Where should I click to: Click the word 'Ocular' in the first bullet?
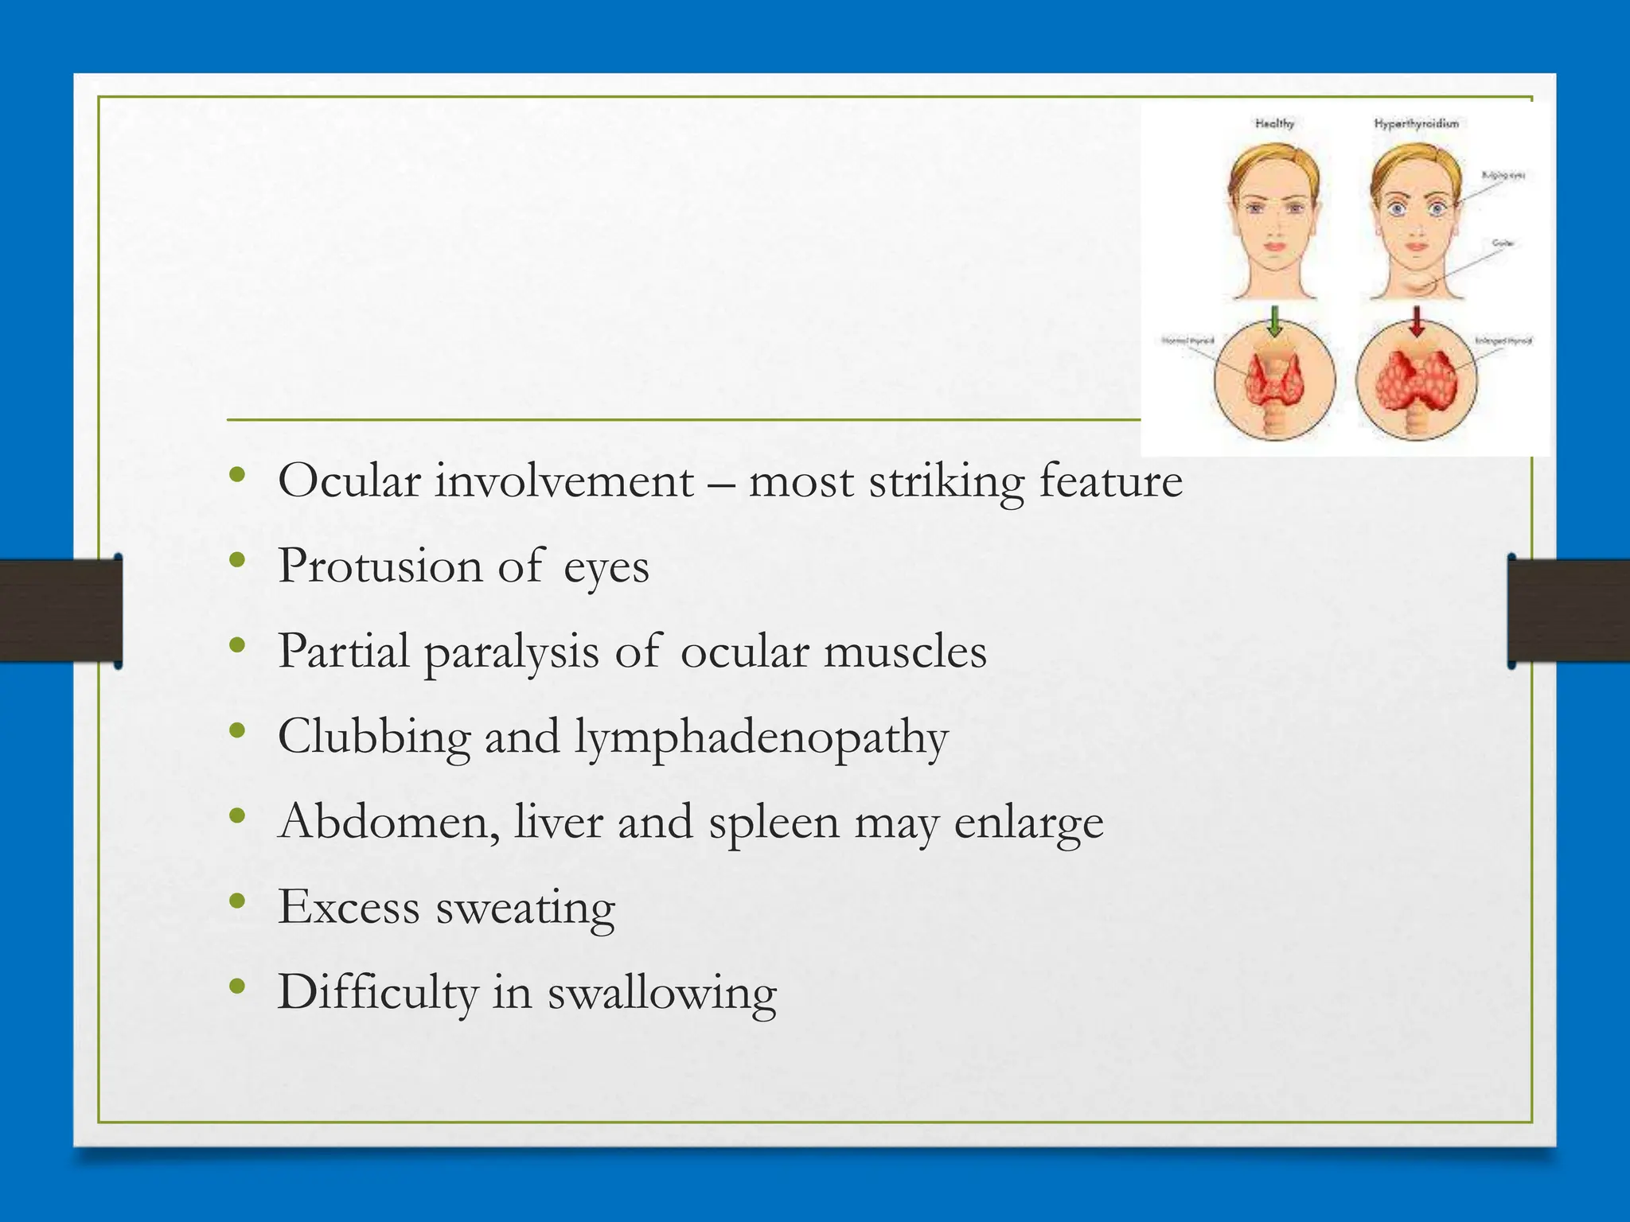tap(349, 481)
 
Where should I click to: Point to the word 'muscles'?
tap(905, 652)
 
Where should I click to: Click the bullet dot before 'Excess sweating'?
tap(236, 901)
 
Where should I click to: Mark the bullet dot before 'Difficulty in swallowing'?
tap(236, 987)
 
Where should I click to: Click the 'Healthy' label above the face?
tap(1274, 123)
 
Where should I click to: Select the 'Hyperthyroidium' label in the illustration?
tap(1416, 123)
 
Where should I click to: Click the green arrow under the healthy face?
tap(1275, 322)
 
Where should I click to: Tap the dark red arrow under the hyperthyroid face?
tap(1417, 322)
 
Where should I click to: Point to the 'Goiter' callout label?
tap(1502, 243)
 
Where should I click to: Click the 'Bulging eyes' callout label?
tap(1503, 175)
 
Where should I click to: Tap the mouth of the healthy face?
tap(1275, 246)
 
